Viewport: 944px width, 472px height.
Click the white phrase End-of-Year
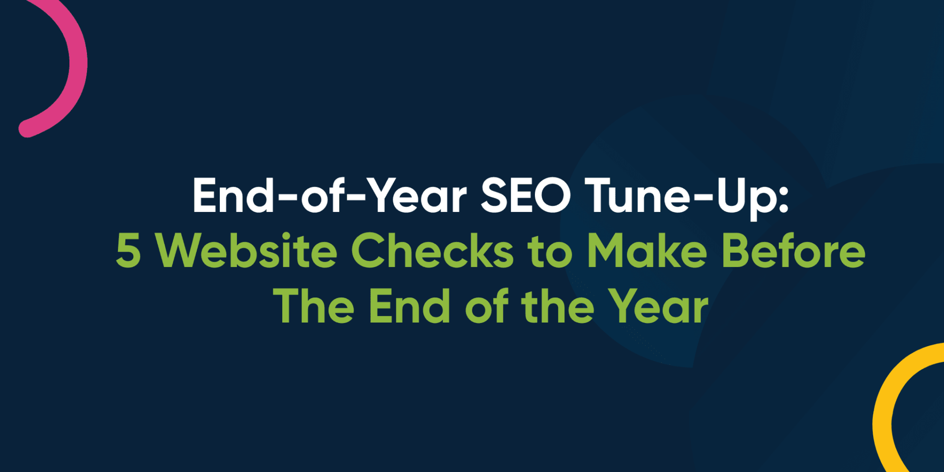coord(329,196)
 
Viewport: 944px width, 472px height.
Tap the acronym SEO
coord(526,196)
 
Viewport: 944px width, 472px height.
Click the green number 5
coord(128,251)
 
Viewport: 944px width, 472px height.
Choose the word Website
coord(246,251)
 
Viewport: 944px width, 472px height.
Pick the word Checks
coord(432,251)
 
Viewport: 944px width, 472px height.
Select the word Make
coord(647,251)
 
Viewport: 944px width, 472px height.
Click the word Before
coord(793,251)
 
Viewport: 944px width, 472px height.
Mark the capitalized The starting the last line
coord(314,306)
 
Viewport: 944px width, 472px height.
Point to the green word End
coord(409,306)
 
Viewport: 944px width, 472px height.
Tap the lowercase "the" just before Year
coord(558,306)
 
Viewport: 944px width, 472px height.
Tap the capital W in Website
coord(179,251)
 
